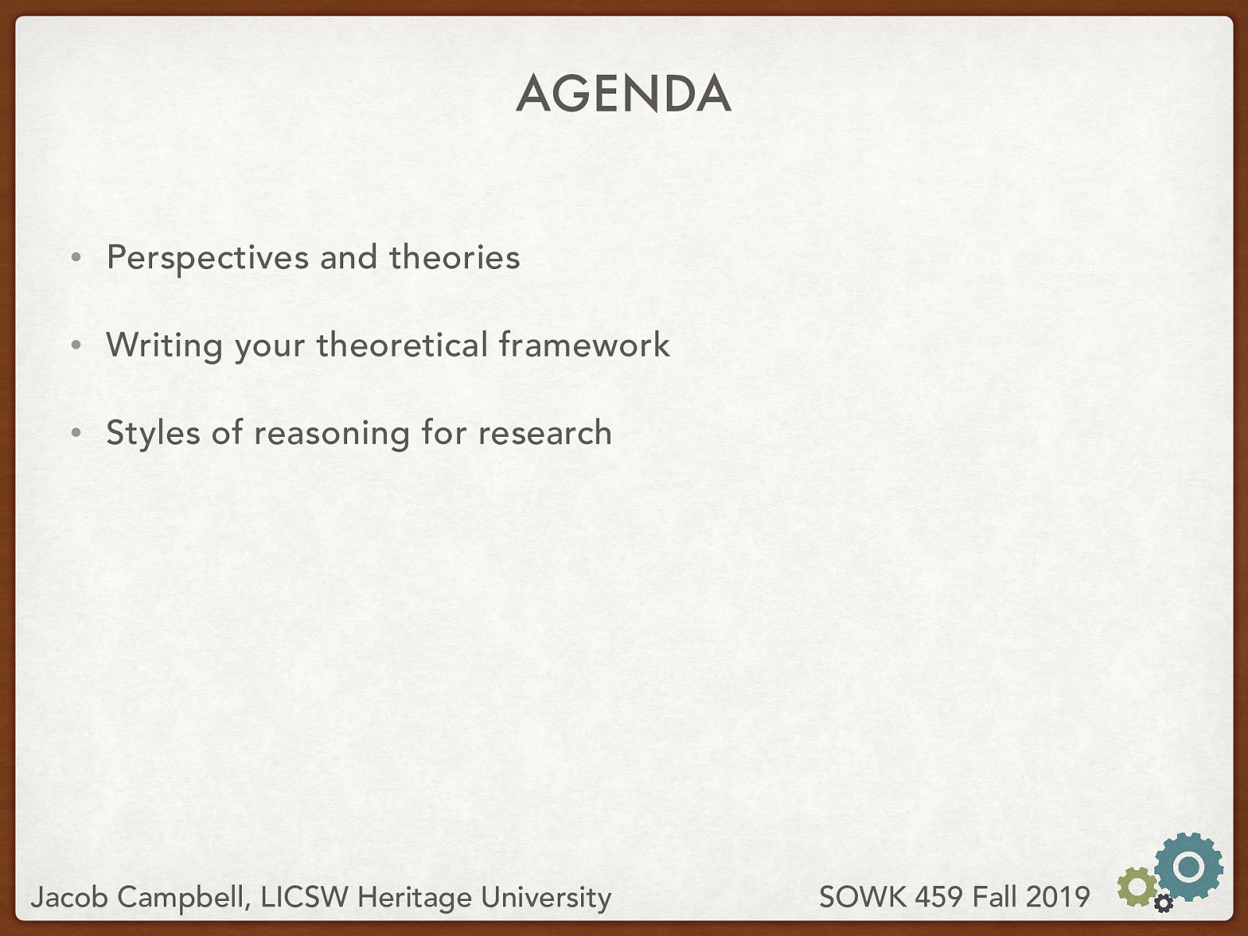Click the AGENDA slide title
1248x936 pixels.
623,94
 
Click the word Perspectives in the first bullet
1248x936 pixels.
207,258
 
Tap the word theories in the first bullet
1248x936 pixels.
454,257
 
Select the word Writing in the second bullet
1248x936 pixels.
164,346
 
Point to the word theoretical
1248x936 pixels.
402,345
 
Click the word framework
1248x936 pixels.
584,345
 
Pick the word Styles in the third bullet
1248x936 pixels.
153,434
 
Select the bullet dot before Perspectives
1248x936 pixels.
76,257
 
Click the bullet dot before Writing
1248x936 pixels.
76,345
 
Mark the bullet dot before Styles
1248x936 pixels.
76,433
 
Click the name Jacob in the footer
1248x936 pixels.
69,898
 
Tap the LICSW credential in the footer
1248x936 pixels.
304,897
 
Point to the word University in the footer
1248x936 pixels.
545,898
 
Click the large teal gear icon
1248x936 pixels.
1189,866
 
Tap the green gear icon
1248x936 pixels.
1136,887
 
